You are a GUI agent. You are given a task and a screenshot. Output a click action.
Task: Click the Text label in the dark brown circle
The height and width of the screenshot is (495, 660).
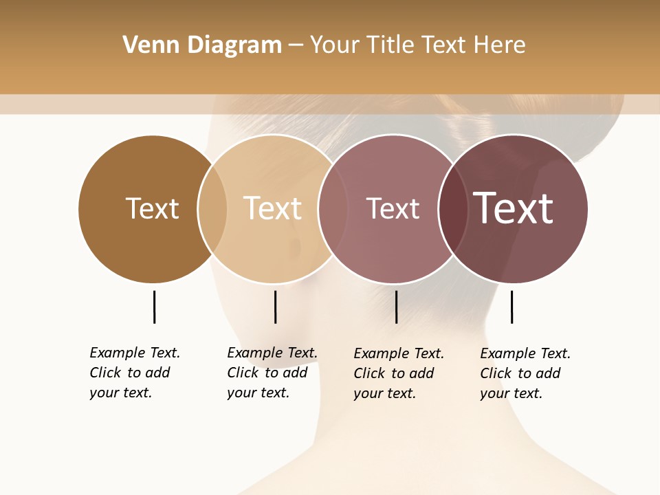[x=152, y=208]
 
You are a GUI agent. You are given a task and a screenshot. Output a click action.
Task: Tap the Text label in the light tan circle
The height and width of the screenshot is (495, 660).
[x=272, y=208]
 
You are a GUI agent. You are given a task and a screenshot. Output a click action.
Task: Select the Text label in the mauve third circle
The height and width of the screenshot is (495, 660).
[x=393, y=208]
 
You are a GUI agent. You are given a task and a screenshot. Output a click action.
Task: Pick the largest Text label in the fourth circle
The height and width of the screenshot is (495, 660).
[x=514, y=208]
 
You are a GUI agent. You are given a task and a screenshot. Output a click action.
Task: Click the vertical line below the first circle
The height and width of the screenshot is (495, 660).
[x=154, y=307]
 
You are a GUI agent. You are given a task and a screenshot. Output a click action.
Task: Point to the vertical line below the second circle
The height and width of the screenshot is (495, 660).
[x=275, y=307]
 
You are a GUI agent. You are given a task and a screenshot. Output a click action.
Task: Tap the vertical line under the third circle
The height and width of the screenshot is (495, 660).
[x=396, y=307]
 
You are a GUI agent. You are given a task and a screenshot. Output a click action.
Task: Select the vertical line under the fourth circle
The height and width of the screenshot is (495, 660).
[x=511, y=307]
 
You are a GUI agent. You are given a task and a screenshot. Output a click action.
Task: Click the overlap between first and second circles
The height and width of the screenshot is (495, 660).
[x=212, y=208]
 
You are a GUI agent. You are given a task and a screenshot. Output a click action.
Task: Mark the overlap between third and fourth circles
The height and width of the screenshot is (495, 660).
[x=453, y=208]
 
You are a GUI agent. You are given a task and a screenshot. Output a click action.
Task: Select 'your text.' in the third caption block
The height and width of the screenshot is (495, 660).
[x=384, y=393]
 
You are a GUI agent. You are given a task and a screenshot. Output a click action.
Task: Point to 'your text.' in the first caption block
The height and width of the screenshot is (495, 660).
[x=120, y=393]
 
